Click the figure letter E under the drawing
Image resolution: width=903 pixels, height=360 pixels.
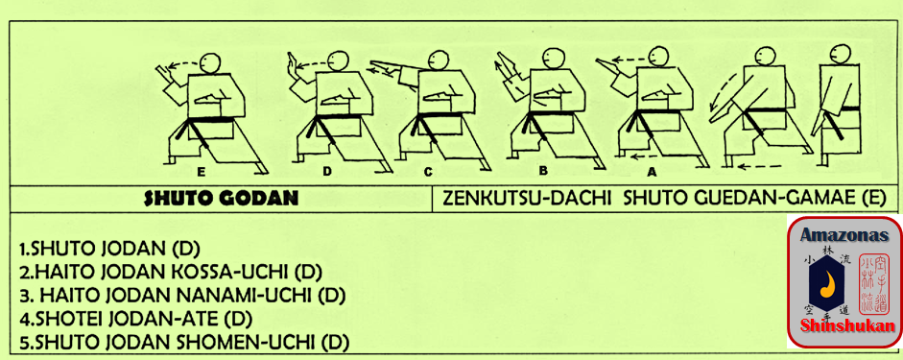click(201, 171)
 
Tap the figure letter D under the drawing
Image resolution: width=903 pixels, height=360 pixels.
click(326, 171)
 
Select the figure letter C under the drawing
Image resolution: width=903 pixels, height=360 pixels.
click(427, 171)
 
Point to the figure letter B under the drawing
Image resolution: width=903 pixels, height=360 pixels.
click(542, 171)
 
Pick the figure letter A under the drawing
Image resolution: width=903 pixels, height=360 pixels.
click(652, 171)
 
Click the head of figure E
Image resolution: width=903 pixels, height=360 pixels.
click(211, 62)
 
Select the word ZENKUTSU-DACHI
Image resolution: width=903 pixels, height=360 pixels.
click(527, 199)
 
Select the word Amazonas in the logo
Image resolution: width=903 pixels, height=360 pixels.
click(844, 235)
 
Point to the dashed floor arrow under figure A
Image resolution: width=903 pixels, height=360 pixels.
click(653, 156)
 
